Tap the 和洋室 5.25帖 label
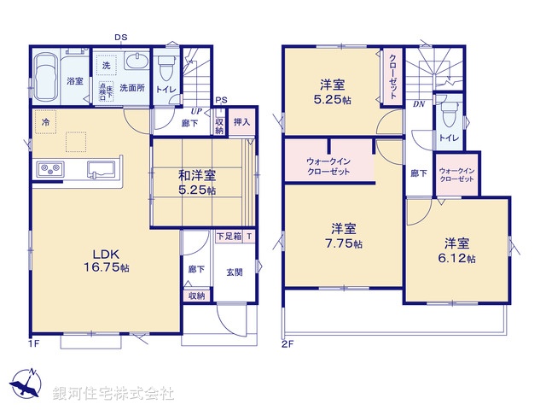pyautogui.click(x=196, y=182)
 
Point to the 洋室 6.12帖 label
pyautogui.click(x=459, y=249)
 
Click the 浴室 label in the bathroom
pyautogui.click(x=74, y=82)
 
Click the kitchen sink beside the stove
pyautogui.click(x=97, y=169)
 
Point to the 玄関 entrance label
pyautogui.click(x=233, y=272)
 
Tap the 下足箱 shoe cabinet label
pyautogui.click(x=228, y=236)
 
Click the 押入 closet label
pyautogui.click(x=241, y=123)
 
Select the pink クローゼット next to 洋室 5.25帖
pyautogui.click(x=392, y=75)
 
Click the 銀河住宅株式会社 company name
pyautogui.click(x=113, y=394)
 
